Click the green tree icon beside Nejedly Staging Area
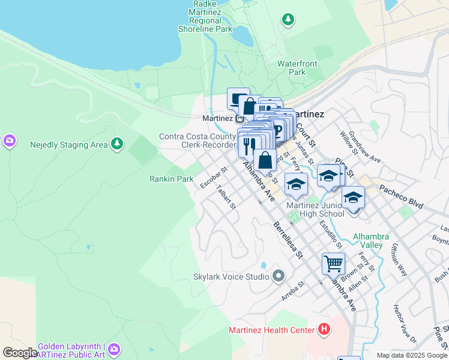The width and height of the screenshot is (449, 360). tap(117, 144)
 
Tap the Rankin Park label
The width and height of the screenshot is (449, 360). tap(171, 179)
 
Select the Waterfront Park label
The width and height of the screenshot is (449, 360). tap(292, 68)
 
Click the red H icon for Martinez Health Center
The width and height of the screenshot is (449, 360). tap(324, 329)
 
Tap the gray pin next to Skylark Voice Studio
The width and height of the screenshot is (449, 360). tap(278, 277)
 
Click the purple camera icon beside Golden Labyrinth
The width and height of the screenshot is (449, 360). tap(114, 349)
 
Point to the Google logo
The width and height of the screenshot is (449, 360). tap(20, 353)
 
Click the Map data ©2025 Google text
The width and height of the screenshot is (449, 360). tap(411, 355)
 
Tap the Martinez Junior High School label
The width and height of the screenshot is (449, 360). tap(315, 210)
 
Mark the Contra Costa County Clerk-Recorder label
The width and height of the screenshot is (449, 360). tap(197, 140)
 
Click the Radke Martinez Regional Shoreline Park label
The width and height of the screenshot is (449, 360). tap(205, 16)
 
